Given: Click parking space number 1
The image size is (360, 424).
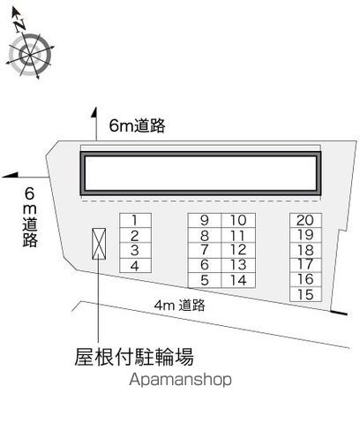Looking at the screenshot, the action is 135,220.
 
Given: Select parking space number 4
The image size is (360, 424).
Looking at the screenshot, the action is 135,266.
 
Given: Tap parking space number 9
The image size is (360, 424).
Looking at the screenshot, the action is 205,220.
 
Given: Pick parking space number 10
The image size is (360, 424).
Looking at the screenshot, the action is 238,220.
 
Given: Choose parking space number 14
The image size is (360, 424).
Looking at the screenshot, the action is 238,280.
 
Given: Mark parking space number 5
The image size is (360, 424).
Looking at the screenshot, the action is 205,280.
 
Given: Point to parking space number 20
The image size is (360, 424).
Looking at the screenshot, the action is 305,220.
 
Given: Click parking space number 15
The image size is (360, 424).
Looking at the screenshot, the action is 305,294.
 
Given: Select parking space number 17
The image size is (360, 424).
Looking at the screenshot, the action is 305,264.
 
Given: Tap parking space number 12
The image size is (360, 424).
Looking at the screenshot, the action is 238,250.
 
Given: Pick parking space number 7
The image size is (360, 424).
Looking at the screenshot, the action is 205,250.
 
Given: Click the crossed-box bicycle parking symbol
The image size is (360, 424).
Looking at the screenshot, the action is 99,244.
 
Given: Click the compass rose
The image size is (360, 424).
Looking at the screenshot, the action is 30,55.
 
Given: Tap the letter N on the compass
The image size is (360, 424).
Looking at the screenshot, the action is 20,25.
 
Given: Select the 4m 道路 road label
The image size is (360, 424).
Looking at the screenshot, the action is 180,306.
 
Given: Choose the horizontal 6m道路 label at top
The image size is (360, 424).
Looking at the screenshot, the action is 137,125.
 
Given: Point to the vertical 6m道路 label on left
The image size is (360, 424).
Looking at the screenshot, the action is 30,217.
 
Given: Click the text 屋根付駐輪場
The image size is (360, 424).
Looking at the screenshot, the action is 134,357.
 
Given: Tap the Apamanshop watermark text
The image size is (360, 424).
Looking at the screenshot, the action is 180,380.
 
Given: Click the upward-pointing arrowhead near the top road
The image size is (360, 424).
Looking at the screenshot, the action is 94,113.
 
